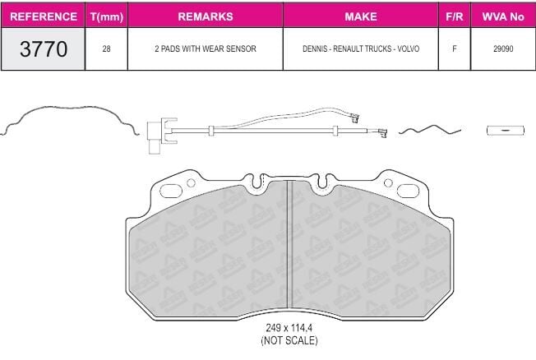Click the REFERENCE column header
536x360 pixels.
(x=44, y=16)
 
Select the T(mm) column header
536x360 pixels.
(x=107, y=16)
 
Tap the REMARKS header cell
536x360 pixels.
(x=206, y=16)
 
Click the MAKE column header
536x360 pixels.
(x=361, y=16)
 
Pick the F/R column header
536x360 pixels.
(x=455, y=16)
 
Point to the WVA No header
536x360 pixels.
(x=503, y=16)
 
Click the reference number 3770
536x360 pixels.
(x=44, y=48)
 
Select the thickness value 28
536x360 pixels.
(x=106, y=48)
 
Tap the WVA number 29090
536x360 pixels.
(x=503, y=48)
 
